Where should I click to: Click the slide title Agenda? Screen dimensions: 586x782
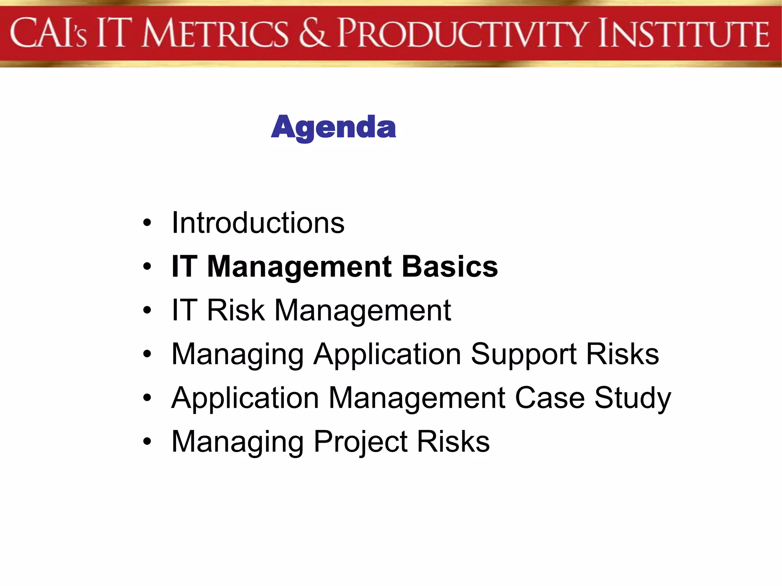click(333, 127)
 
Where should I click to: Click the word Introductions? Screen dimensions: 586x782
click(258, 223)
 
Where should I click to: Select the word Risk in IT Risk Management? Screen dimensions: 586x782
click(236, 310)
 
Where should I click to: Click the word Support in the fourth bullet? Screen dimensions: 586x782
click(523, 354)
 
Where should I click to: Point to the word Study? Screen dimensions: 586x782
click(632, 398)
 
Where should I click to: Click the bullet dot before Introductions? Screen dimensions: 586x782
click(147, 224)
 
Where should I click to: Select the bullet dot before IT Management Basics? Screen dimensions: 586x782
click(147, 267)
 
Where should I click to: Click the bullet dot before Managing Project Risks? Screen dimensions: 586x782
click(147, 442)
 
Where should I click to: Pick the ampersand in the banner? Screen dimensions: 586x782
click(313, 34)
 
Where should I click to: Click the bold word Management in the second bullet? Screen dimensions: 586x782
click(299, 267)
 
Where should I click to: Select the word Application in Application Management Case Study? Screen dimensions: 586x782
click(245, 398)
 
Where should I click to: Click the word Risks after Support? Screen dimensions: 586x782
click(622, 354)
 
